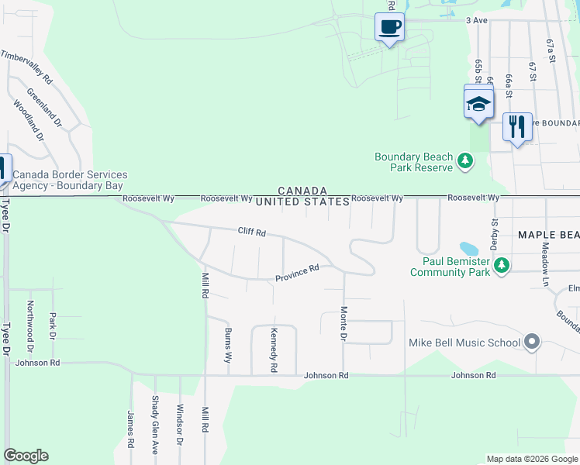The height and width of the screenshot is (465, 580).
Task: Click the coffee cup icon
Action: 389,27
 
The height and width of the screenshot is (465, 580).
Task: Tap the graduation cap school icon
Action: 478,104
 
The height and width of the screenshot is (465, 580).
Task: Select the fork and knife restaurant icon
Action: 516,126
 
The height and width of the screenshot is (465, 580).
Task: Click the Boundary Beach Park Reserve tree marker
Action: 464,161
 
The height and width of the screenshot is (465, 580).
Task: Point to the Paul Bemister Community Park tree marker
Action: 502,266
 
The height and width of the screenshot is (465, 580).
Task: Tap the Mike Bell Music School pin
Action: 531,341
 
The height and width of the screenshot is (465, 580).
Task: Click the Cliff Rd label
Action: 251,232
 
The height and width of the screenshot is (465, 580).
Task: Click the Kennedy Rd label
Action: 274,350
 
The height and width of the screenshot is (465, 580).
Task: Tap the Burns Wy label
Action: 228,346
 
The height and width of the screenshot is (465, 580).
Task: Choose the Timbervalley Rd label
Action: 26,67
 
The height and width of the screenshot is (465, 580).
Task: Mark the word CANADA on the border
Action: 302,191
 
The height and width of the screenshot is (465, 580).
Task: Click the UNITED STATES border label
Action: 302,201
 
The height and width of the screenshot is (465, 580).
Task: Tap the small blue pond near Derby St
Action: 469,249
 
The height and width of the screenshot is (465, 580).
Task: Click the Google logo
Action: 26,456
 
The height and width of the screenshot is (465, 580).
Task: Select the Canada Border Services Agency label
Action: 70,181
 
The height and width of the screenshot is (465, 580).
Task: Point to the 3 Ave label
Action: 476,20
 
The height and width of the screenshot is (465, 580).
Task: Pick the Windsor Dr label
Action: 180,425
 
